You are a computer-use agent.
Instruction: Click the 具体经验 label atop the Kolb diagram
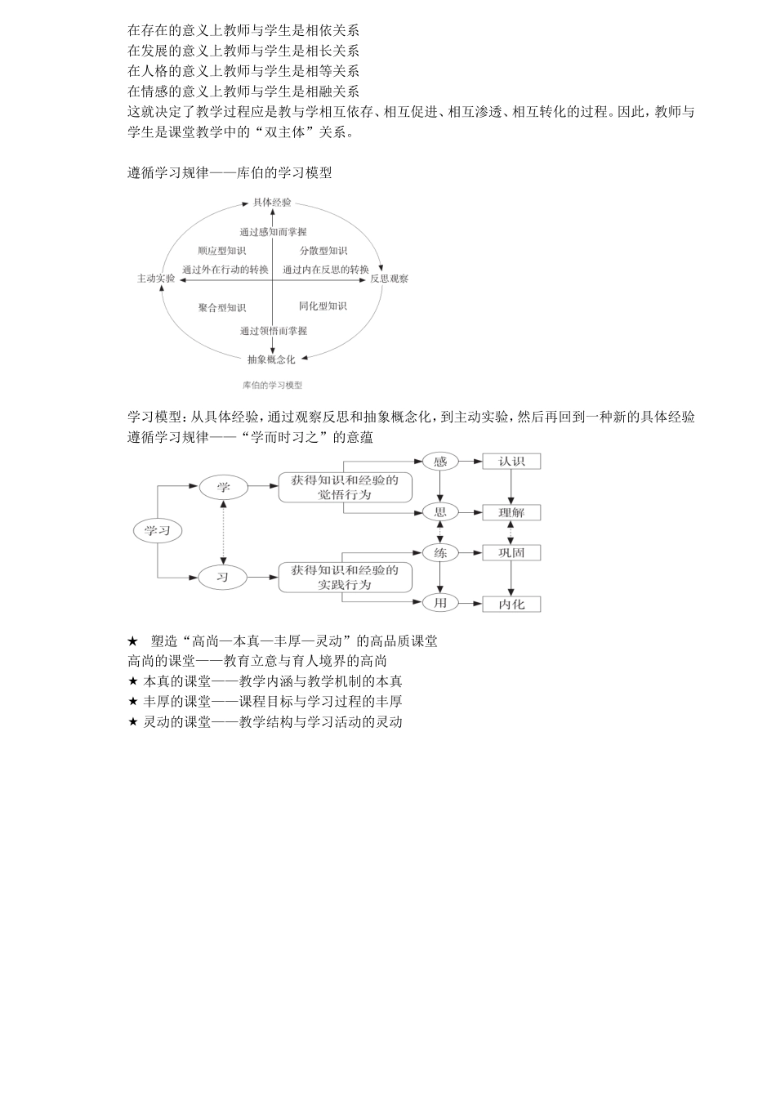(x=272, y=202)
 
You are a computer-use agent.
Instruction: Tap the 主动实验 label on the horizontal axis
(x=156, y=279)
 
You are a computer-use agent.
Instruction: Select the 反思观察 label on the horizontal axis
(x=389, y=279)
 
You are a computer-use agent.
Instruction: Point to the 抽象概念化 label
(x=272, y=359)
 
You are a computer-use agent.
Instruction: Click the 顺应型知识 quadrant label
(x=221, y=251)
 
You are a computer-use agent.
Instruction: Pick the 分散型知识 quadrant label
(x=323, y=251)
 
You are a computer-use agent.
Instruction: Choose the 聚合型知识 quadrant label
(x=221, y=308)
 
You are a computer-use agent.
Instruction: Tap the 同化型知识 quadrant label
(x=323, y=306)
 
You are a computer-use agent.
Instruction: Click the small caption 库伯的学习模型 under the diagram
(x=273, y=385)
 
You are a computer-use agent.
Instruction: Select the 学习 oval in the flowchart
(x=157, y=531)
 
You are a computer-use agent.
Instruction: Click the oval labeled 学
(x=223, y=487)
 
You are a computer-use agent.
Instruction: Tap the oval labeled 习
(x=223, y=578)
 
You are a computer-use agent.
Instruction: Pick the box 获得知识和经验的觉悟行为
(x=345, y=487)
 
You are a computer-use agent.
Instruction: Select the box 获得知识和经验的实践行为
(x=345, y=578)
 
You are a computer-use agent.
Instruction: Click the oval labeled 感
(x=440, y=462)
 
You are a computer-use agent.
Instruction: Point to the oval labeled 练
(x=440, y=553)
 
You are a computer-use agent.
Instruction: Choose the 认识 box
(x=511, y=462)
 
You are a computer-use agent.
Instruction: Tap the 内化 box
(x=511, y=605)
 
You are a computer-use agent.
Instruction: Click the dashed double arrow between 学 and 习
(x=223, y=532)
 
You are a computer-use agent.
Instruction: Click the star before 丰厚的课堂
(x=133, y=702)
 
